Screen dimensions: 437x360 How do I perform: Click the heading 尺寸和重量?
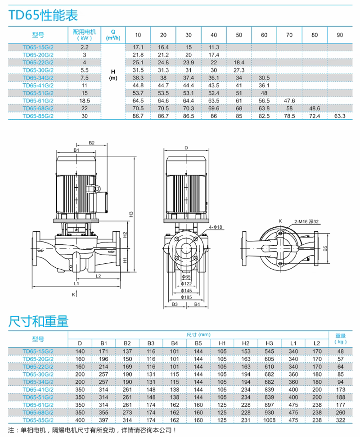pyautogui.click(x=38, y=321)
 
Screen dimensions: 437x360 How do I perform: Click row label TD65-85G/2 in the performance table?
pyautogui.click(x=38, y=116)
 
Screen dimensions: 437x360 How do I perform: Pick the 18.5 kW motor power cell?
pyautogui.click(x=84, y=100)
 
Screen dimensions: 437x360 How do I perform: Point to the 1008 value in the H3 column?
pyautogui.click(x=269, y=420)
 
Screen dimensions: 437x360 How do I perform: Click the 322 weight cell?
pyautogui.click(x=341, y=420)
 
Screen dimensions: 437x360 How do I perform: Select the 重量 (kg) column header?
pyautogui.click(x=341, y=338)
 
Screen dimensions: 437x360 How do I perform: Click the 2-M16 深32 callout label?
pyautogui.click(x=306, y=221)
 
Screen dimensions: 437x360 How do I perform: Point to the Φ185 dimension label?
pyautogui.click(x=186, y=297)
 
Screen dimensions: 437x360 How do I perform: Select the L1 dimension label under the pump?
pyautogui.click(x=76, y=284)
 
